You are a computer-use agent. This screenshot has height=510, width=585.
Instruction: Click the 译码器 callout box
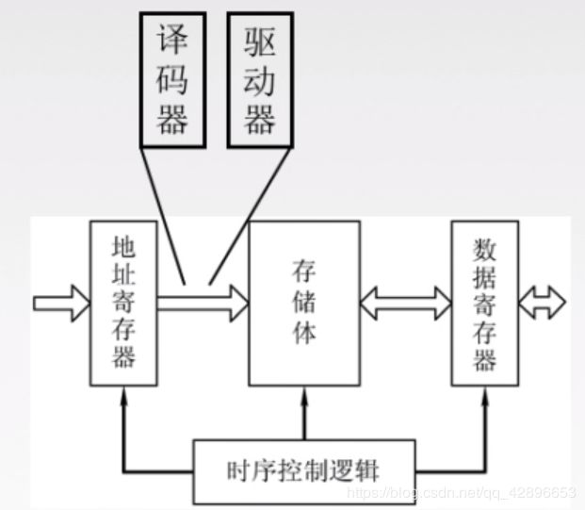(x=172, y=79)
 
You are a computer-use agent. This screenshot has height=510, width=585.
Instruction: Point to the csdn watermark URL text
(x=462, y=493)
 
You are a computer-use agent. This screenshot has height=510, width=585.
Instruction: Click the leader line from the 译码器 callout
(x=166, y=212)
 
